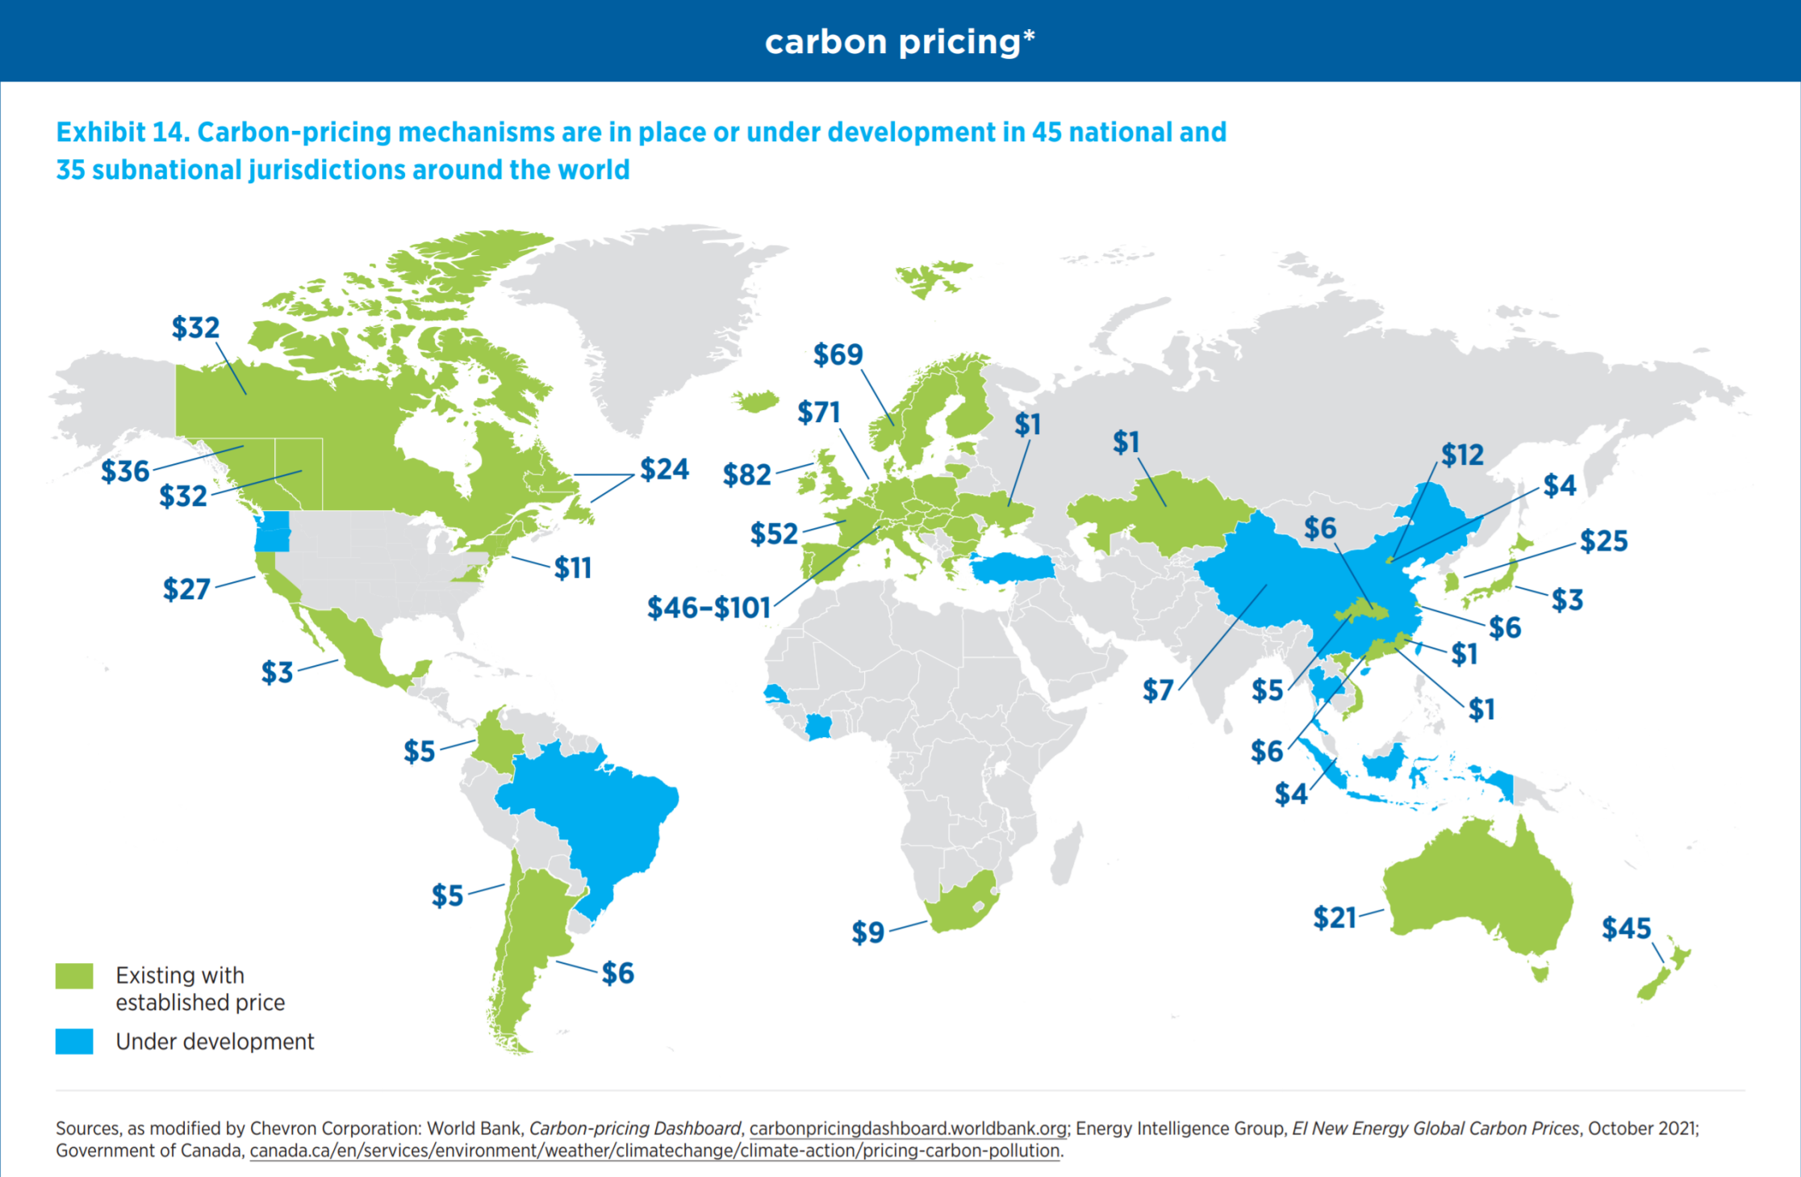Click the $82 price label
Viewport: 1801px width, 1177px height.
747,475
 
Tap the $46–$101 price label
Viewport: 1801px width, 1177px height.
709,608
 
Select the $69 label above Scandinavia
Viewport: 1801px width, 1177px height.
838,354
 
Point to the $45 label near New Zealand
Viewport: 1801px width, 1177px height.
1626,928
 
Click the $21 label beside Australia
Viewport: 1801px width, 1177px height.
1335,918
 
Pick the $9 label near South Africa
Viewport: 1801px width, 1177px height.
868,932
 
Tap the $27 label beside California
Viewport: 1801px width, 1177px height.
186,589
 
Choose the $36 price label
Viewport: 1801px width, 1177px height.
125,471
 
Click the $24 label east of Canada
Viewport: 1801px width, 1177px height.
664,469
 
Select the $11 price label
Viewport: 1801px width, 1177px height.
573,568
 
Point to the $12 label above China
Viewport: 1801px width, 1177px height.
1462,455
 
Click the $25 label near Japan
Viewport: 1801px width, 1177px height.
1603,541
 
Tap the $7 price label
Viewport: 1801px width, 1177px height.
1158,690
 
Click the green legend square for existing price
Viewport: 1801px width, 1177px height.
74,976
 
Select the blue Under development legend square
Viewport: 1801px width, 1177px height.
74,1041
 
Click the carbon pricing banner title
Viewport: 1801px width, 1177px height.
900,42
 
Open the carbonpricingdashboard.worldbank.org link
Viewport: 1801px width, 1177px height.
908,1129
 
